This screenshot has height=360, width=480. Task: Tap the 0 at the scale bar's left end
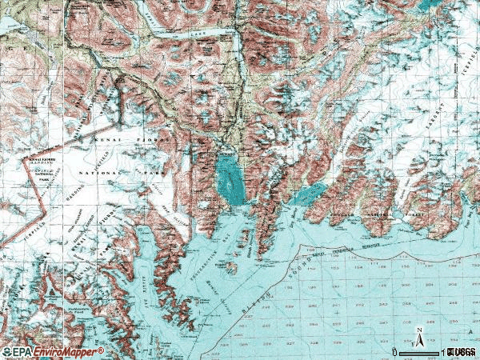coord(394,352)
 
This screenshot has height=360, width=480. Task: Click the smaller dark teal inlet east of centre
coord(308,194)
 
